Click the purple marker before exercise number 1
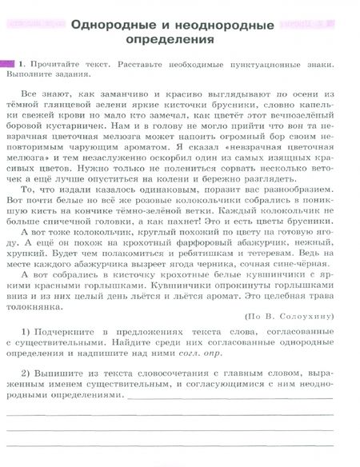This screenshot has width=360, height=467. tap(10, 62)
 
